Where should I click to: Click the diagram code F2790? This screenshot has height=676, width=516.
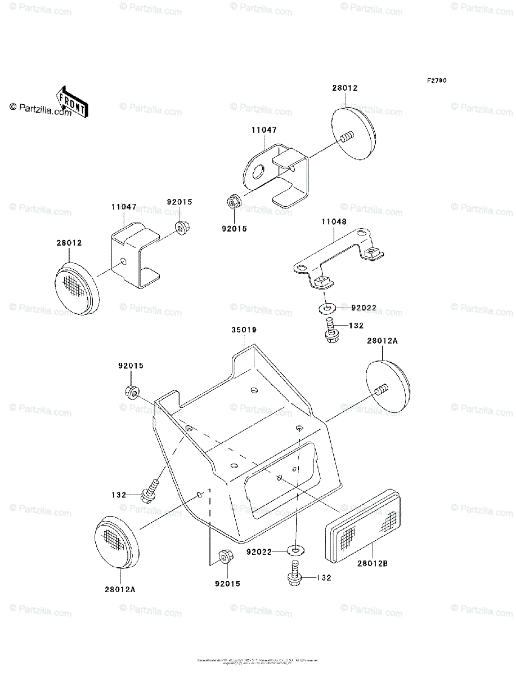pyautogui.click(x=436, y=81)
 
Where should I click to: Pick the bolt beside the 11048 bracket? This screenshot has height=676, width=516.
pyautogui.click(x=330, y=328)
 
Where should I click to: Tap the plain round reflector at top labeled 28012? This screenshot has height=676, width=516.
pyautogui.click(x=354, y=134)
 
